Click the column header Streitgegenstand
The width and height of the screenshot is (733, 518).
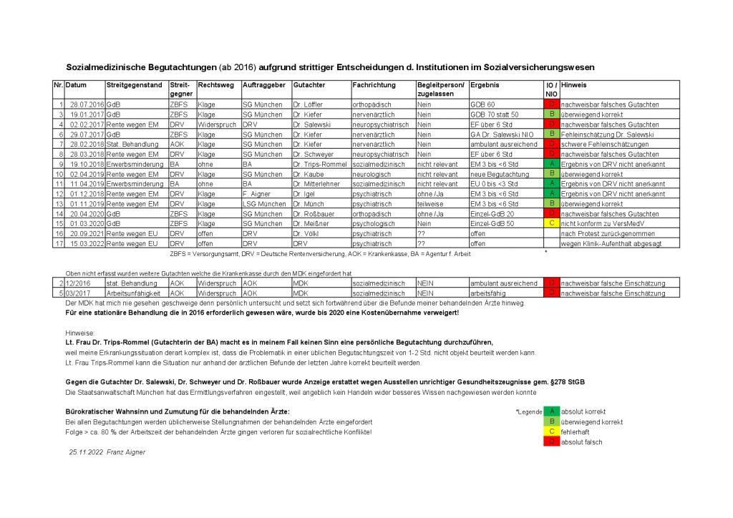(x=134, y=84)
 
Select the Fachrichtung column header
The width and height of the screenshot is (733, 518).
(x=369, y=84)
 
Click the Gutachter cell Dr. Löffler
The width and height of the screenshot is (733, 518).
(x=309, y=104)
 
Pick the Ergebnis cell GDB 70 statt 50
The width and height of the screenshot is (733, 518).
(x=495, y=114)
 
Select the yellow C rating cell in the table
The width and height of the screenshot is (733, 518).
(x=551, y=223)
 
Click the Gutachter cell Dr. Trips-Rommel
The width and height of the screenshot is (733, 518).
(x=319, y=164)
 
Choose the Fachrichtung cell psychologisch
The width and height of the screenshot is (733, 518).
(x=373, y=223)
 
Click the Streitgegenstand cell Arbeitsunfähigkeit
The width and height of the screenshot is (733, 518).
(x=135, y=293)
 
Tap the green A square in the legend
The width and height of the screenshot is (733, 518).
(x=551, y=411)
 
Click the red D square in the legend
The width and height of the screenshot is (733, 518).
(x=551, y=441)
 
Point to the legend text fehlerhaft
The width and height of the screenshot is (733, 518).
(x=578, y=431)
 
